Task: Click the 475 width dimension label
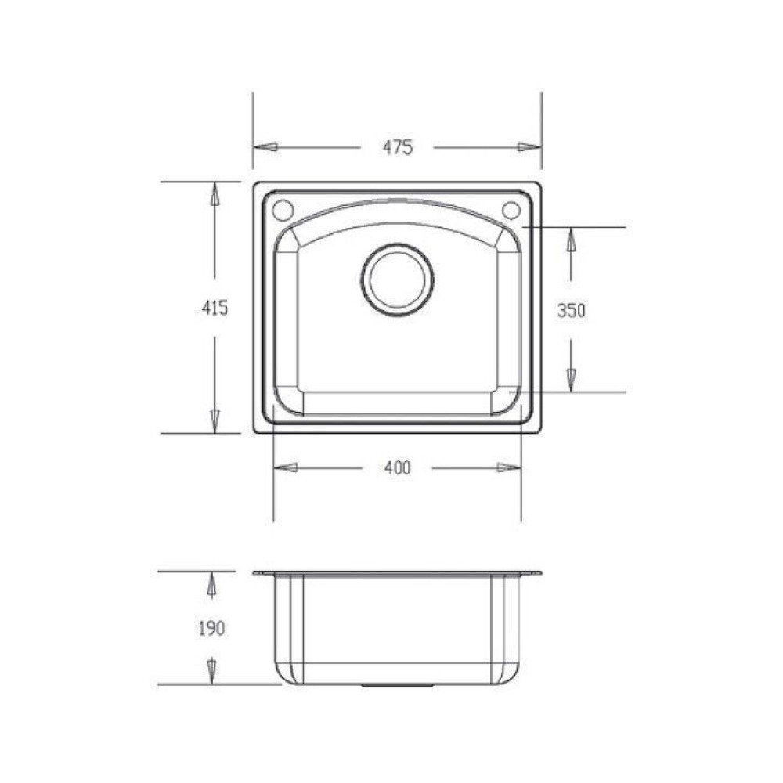tap(398, 147)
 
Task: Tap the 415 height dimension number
tap(215, 308)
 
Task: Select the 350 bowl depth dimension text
tap(572, 311)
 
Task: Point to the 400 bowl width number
tap(398, 468)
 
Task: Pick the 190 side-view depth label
tap(211, 628)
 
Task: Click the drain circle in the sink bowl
tap(398, 280)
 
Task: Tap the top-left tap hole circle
tap(283, 210)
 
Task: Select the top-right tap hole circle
tap(511, 210)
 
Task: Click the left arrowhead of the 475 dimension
tap(265, 147)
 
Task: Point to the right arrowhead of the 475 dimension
tap(529, 147)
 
